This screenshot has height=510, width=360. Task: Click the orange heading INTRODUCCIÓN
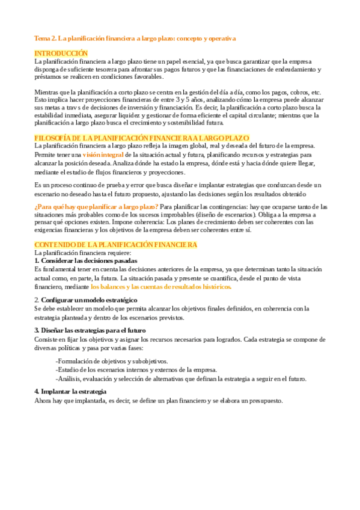coord(61,54)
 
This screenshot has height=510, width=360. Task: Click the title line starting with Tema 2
coord(135,38)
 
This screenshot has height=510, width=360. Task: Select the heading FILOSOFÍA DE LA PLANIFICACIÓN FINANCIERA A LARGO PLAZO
coord(142,138)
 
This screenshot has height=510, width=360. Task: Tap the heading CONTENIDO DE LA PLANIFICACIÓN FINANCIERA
coord(115,245)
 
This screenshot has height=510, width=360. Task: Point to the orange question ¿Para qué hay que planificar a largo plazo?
coord(97,206)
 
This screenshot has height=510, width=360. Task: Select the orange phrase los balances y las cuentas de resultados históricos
coord(161,287)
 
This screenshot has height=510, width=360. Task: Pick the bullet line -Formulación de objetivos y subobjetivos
coord(112,361)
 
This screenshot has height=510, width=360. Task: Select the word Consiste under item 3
coord(46,339)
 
